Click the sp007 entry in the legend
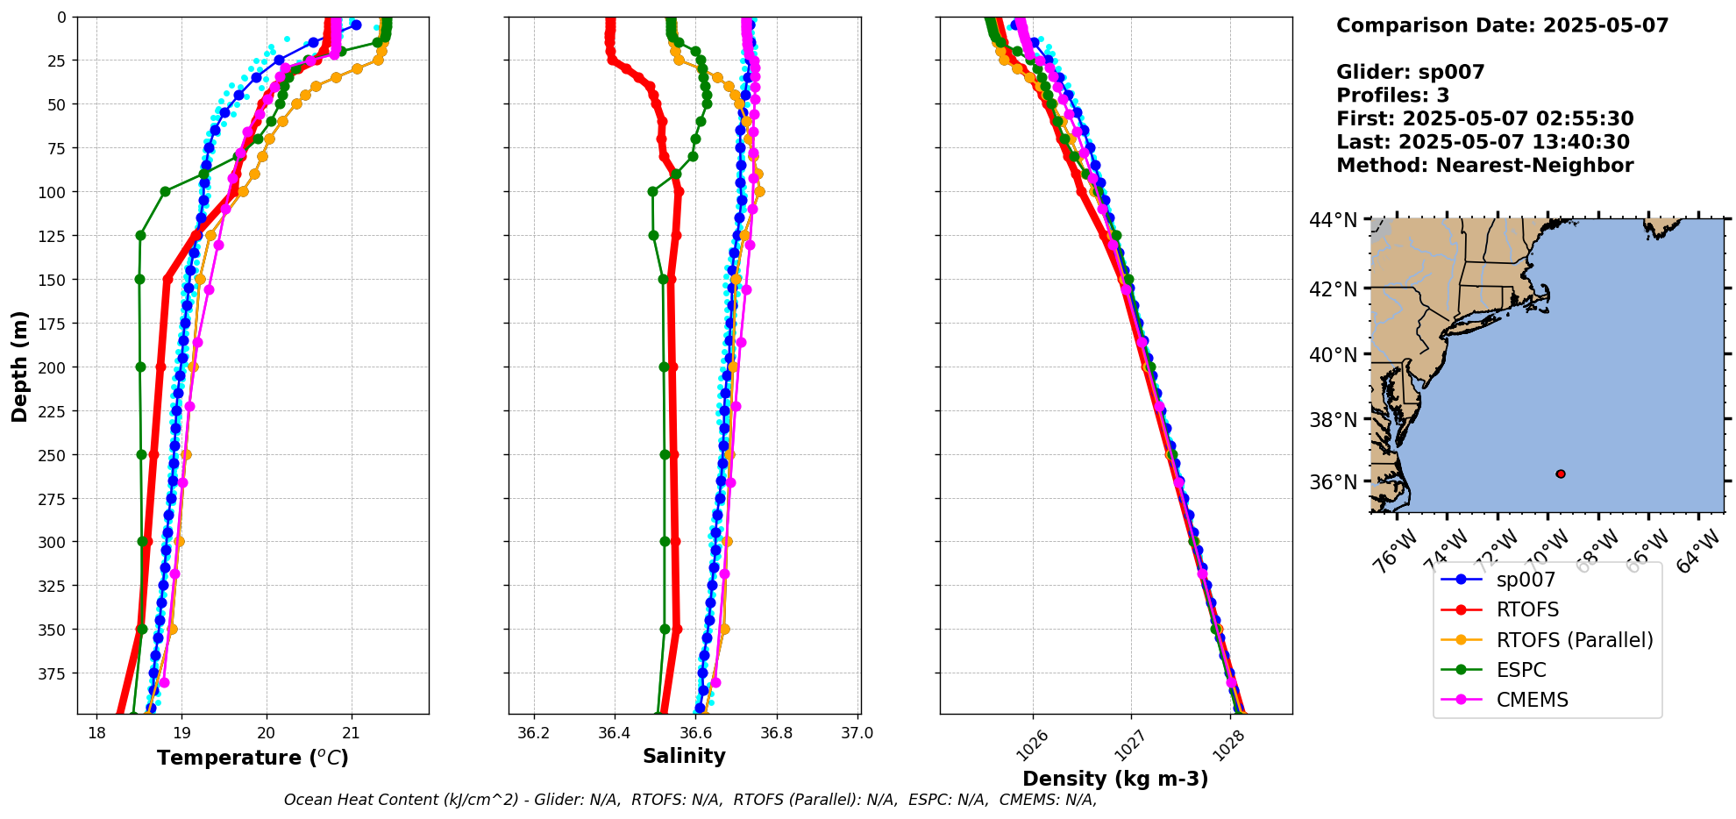point(1526,580)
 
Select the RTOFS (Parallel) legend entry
point(1574,640)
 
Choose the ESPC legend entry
point(1520,670)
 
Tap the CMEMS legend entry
point(1532,700)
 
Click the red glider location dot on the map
point(1561,474)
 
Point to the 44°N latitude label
point(1333,220)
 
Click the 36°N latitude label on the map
point(1333,482)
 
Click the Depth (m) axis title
point(19,366)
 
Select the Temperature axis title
point(253,758)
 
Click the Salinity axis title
point(684,757)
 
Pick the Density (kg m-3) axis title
point(1115,779)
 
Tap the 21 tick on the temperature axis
point(352,733)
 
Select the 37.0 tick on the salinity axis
point(857,733)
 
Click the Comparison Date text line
point(1502,25)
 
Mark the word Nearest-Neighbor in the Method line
point(1534,166)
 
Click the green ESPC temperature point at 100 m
point(165,191)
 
